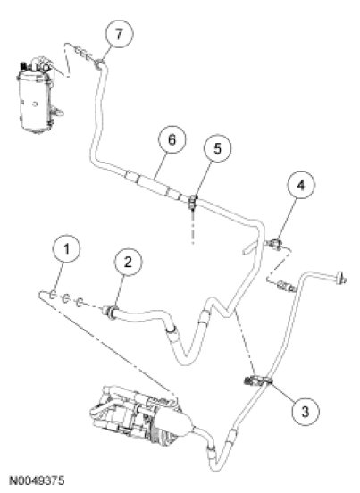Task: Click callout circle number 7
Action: [119, 34]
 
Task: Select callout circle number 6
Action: [172, 139]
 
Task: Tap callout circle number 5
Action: [218, 148]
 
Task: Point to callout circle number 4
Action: [301, 185]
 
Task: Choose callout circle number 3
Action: [306, 411]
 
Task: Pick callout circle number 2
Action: [128, 262]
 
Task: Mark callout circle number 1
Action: [66, 249]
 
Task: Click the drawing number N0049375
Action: [37, 480]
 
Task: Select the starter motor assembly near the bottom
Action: [141, 412]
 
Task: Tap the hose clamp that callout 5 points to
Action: [193, 202]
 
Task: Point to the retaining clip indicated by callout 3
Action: [256, 380]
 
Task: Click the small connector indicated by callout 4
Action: [274, 244]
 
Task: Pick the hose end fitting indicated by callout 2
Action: [111, 313]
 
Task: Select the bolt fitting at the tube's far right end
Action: [341, 278]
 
